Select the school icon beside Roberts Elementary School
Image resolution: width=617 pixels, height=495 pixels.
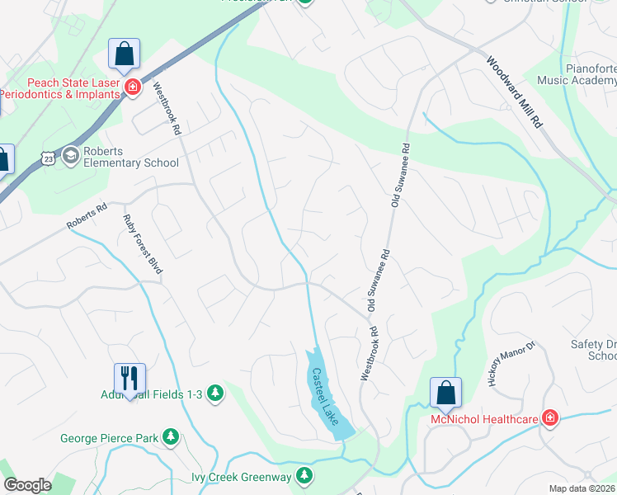pyautogui.click(x=70, y=155)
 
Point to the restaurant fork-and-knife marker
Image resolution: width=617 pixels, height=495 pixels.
pyautogui.click(x=130, y=378)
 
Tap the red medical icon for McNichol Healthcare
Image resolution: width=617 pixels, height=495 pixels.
pyautogui.click(x=549, y=419)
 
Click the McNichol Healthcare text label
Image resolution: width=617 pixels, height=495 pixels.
pyautogui.click(x=485, y=419)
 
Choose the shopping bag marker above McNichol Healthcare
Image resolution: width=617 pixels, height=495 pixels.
pyautogui.click(x=445, y=393)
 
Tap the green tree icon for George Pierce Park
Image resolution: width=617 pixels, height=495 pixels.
pyautogui.click(x=171, y=436)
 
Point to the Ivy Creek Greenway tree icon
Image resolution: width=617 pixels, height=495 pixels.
pyautogui.click(x=304, y=475)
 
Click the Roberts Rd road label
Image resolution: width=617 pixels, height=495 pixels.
pyautogui.click(x=87, y=219)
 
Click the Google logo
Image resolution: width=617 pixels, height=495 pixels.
pyautogui.click(x=27, y=485)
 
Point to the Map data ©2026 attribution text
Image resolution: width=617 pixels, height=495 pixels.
pyautogui.click(x=582, y=488)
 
